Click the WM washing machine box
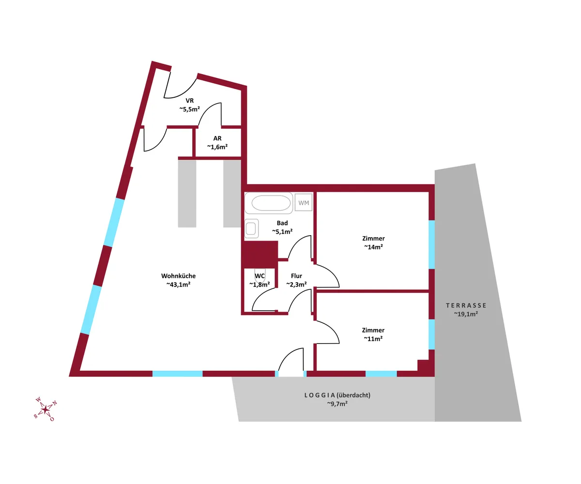coord(303,202)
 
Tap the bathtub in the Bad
coord(269,203)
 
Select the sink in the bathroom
coord(251,228)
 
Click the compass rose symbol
coord(45,409)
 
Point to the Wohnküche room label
coord(178,276)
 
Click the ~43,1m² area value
coord(178,284)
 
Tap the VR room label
coord(189,101)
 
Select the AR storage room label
coord(217,138)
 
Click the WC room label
coord(260,276)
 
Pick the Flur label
coord(296,276)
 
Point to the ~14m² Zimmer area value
coord(373,247)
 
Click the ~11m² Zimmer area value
coord(373,339)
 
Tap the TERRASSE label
coord(466,305)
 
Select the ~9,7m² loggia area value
coord(337,404)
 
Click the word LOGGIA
coord(320,395)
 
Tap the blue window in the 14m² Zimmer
coord(431,244)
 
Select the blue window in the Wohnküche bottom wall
coord(177,374)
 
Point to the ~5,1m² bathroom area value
coord(282,231)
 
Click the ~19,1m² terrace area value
coord(466,314)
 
